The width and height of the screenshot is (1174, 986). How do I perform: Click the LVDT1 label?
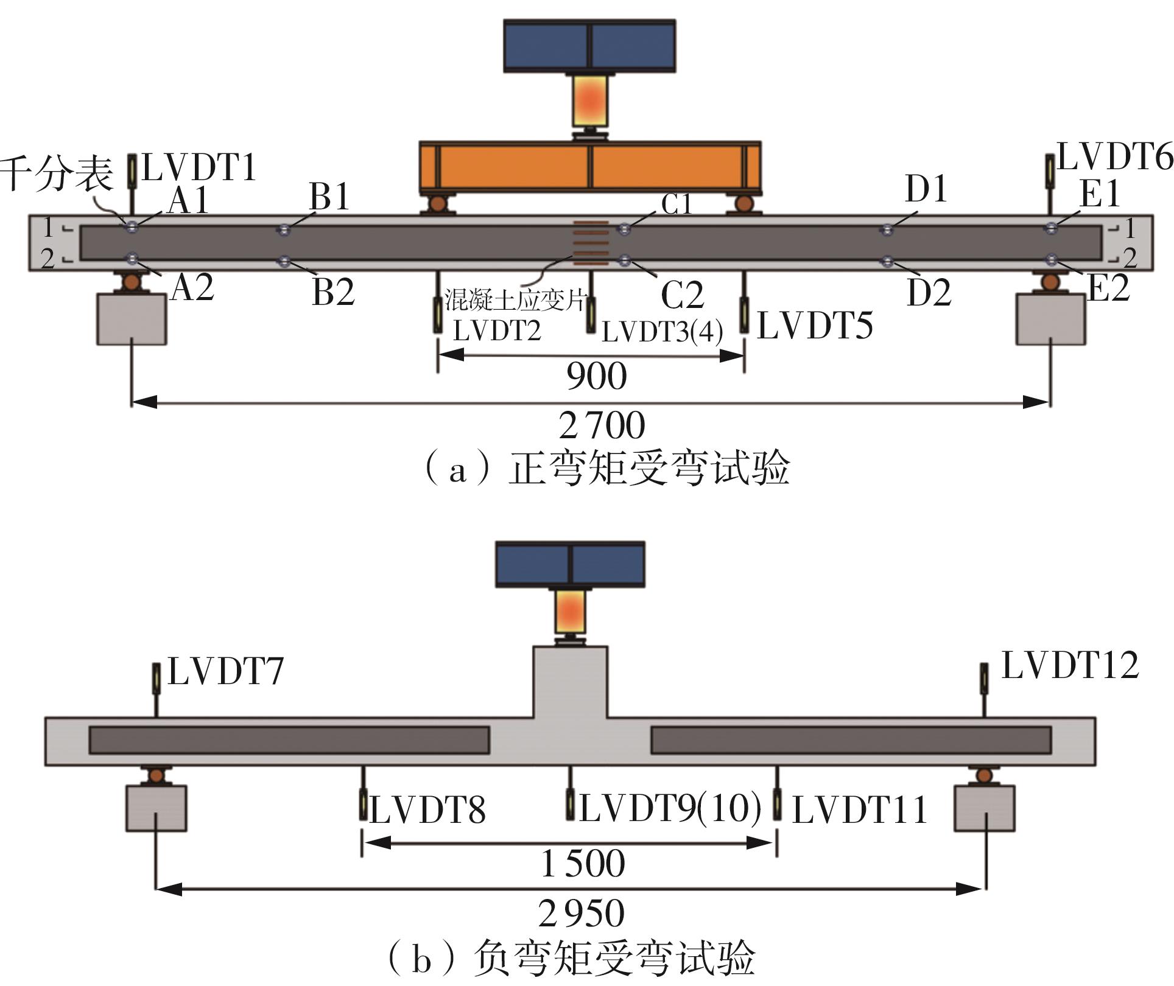199,168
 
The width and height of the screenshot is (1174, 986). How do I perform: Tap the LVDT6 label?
1115,158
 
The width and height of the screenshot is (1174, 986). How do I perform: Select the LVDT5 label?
815,325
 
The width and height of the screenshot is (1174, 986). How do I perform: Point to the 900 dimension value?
596,376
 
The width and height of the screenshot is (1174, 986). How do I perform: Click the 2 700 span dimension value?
602,425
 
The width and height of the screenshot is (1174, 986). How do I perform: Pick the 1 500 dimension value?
583,864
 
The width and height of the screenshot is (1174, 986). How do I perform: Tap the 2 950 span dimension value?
581,913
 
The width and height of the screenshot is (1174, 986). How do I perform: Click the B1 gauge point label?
329,196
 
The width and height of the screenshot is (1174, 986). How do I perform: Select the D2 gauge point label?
929,293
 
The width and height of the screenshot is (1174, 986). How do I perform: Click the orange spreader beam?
589,166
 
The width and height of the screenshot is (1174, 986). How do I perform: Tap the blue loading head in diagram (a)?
589,46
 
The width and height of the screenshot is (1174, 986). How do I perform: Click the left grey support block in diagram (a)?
132,319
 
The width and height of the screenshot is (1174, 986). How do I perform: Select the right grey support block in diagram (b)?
984,808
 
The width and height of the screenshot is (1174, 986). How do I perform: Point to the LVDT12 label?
1070,665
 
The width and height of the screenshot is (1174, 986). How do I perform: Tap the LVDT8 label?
427,810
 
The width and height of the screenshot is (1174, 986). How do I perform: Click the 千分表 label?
57,173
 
